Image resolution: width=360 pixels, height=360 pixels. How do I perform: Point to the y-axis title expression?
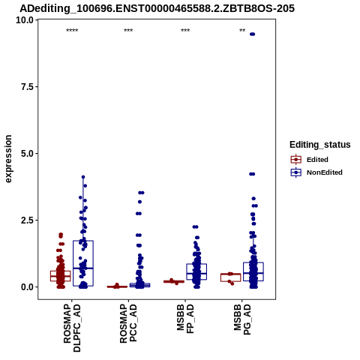(x=8, y=159)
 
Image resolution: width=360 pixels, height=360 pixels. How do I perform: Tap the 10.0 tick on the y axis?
(x=25, y=20)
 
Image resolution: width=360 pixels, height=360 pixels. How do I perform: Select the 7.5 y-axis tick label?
(x=28, y=87)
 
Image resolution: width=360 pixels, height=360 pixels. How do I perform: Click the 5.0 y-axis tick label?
(x=28, y=154)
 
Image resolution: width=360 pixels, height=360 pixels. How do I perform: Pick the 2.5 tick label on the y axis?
(x=28, y=220)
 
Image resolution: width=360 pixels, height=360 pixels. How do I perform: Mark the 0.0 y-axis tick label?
(x=28, y=287)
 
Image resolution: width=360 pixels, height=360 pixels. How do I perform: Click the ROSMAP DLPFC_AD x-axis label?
(x=72, y=328)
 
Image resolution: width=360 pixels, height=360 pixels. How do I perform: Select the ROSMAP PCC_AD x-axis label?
(x=128, y=323)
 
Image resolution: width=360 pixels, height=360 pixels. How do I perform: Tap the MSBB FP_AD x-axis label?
(x=185, y=319)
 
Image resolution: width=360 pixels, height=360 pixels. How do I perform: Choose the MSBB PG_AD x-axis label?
(x=242, y=319)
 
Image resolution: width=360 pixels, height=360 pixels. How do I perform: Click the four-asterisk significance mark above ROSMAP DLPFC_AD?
(x=72, y=31)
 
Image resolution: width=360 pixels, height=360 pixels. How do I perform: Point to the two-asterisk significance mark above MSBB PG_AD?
(x=242, y=31)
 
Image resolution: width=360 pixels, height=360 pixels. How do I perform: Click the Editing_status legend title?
(x=320, y=145)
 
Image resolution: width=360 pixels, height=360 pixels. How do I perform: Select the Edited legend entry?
(x=310, y=160)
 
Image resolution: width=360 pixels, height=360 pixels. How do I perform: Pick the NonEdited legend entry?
(x=316, y=172)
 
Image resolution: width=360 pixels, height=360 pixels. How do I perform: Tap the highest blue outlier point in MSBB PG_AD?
(x=253, y=34)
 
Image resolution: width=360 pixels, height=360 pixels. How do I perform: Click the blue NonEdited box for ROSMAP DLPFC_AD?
(x=83, y=263)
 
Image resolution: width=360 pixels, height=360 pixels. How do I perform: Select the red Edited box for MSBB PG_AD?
(x=230, y=277)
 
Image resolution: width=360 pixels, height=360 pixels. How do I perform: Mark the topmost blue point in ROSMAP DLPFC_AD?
(x=83, y=177)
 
